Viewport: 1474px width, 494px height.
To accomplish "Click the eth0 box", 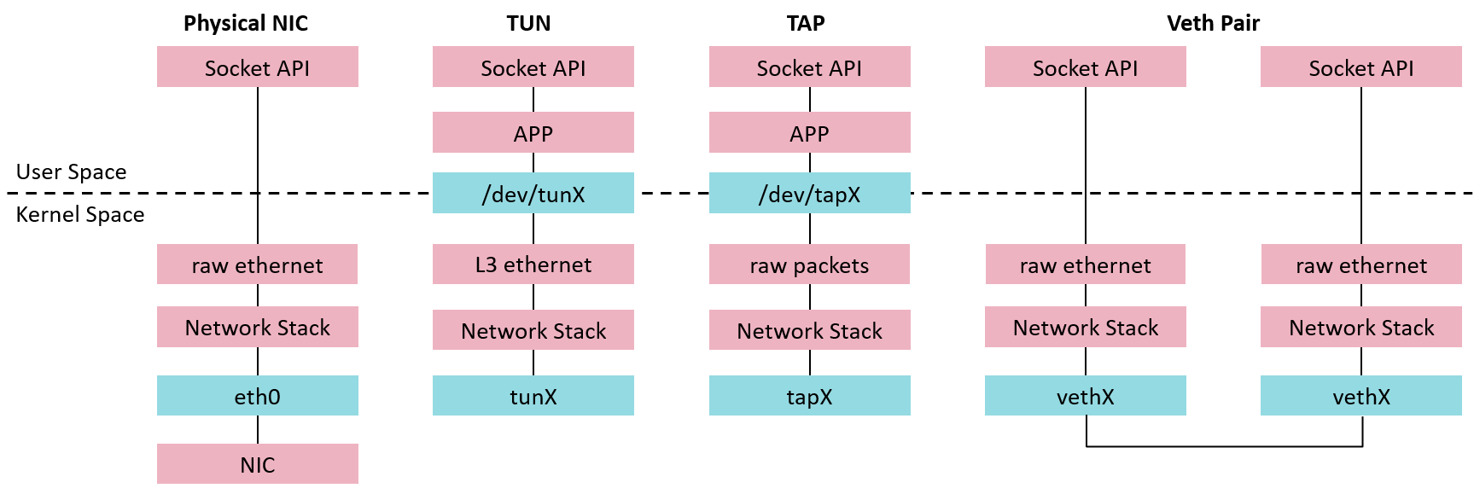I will (x=257, y=396).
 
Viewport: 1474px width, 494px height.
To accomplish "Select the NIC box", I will (x=257, y=464).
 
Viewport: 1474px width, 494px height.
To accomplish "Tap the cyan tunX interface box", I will (x=533, y=396).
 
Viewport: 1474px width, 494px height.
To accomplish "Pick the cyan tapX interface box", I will (x=809, y=396).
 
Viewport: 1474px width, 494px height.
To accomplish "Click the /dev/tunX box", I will (x=533, y=193).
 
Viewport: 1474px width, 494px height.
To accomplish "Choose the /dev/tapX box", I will (x=809, y=193).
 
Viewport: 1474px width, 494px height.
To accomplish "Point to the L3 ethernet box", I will (x=533, y=264).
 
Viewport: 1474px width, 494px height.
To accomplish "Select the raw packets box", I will (x=809, y=264).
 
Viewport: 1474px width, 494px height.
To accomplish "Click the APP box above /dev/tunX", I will (x=533, y=133).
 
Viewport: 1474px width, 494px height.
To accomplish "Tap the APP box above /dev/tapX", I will (x=809, y=133).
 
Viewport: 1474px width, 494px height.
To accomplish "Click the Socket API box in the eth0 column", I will (x=257, y=67).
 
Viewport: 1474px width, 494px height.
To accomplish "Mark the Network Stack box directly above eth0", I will (x=257, y=327).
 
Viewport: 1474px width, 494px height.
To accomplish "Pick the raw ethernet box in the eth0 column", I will (x=257, y=264).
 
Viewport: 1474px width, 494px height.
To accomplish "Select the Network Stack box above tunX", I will (x=533, y=330).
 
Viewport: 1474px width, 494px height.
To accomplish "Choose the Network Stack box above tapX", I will (x=809, y=330).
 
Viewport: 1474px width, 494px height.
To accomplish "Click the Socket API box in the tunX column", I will (x=533, y=67).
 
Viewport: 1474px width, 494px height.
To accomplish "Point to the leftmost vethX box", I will (x=1085, y=396).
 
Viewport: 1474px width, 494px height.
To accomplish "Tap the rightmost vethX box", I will (x=1360, y=396).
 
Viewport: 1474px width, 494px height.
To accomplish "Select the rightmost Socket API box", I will (x=1360, y=67).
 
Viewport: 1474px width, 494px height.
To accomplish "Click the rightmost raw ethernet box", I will (x=1360, y=264).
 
